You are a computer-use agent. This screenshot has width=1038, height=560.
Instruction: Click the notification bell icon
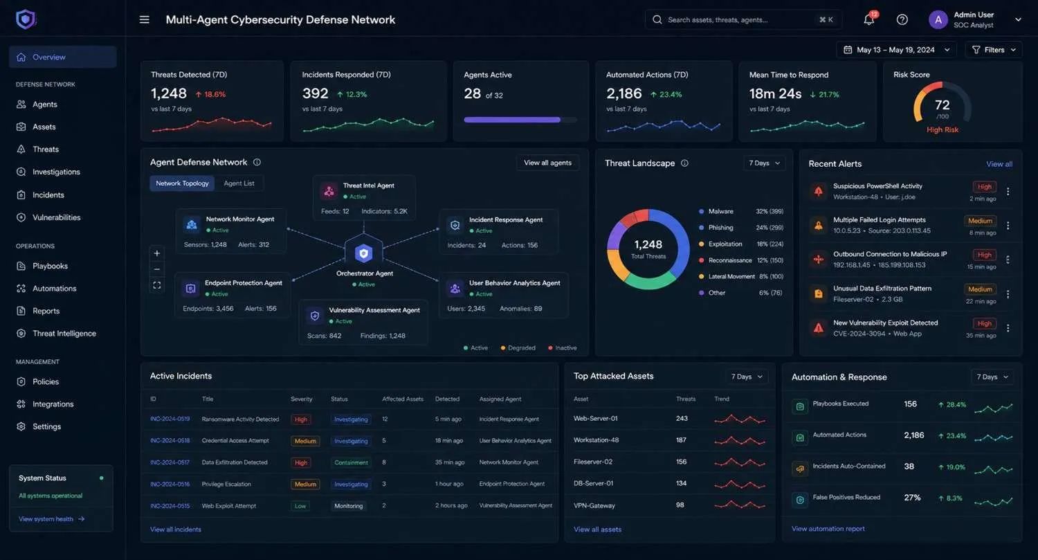(869, 20)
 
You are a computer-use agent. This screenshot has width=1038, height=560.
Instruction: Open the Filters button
(994, 50)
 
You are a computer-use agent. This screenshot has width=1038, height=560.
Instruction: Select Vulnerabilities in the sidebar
(56, 217)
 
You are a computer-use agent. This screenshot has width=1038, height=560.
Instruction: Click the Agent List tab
(239, 183)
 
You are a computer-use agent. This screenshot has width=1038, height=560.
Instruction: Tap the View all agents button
(547, 163)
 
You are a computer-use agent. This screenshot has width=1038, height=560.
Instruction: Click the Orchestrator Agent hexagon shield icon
(364, 253)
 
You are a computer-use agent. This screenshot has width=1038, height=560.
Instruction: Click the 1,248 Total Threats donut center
(648, 249)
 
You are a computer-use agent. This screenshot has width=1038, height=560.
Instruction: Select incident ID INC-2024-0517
(170, 462)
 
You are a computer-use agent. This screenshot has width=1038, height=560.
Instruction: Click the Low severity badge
(300, 506)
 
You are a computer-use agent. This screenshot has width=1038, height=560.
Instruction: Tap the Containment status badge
(351, 462)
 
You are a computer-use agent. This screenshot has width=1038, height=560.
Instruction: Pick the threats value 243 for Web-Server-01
(682, 418)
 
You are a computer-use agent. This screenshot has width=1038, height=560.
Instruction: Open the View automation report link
(828, 528)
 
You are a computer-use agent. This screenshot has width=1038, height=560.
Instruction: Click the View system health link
(51, 519)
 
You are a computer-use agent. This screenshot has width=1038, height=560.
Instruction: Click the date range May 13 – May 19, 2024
(895, 50)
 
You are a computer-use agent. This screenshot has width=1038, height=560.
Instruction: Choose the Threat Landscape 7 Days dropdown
(764, 163)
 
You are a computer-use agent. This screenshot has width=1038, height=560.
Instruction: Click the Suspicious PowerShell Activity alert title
(877, 186)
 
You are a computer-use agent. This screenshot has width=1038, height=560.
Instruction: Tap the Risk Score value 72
(942, 105)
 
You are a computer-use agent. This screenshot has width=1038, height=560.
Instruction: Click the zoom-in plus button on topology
(156, 253)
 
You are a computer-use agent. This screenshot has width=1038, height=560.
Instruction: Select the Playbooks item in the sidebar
(50, 266)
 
